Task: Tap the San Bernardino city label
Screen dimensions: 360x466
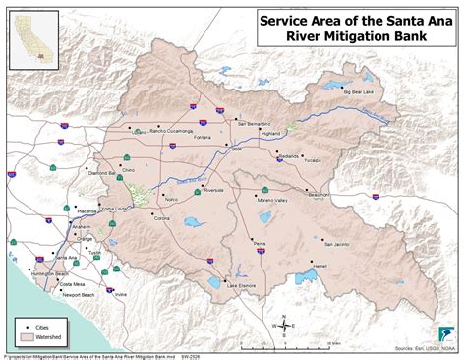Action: (259, 125)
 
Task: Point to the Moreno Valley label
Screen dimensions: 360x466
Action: (278, 200)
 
